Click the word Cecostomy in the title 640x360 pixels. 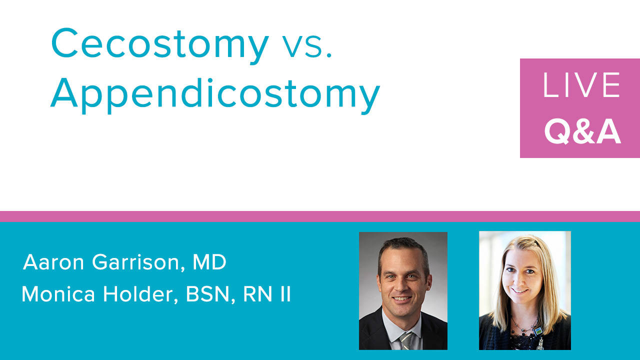point(160,45)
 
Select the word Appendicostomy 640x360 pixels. point(215,95)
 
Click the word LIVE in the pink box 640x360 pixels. point(581,84)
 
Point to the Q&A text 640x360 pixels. point(582,131)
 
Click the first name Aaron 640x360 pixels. point(53,262)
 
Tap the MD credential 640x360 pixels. point(209,262)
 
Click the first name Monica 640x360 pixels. point(58,294)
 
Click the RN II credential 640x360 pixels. point(267,294)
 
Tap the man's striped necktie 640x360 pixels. point(405,340)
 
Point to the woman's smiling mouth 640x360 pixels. point(519,291)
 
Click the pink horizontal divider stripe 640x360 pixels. point(320,216)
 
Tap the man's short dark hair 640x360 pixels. point(403,248)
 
